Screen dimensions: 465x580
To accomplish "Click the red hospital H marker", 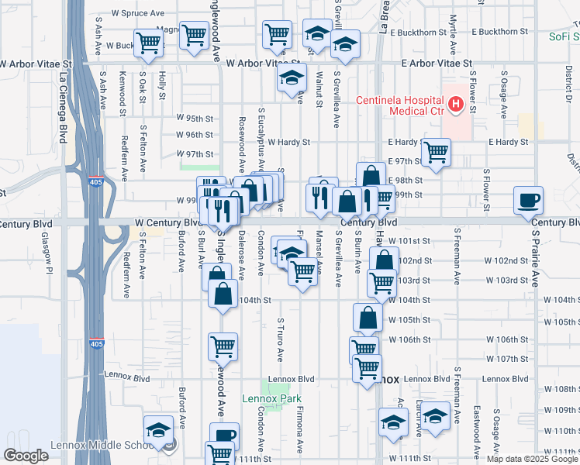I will click(457, 104).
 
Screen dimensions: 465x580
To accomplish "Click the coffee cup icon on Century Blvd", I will click(528, 201).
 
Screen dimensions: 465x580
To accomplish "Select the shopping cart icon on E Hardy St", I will click(437, 151).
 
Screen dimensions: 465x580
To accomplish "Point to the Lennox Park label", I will click(271, 399).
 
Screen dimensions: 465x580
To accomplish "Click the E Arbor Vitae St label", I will click(437, 63).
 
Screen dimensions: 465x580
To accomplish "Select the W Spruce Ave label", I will click(138, 14).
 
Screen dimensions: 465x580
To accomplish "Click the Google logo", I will click(26, 456).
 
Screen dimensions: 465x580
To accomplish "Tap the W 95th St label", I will click(194, 118).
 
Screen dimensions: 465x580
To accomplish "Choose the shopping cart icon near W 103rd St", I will click(381, 284).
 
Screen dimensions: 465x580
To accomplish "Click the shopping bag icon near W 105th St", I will click(368, 317).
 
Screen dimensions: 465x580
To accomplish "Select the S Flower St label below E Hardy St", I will click(486, 190).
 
